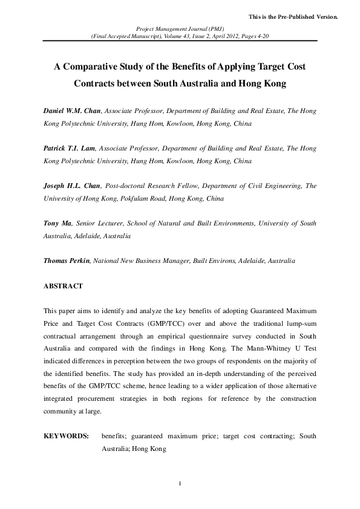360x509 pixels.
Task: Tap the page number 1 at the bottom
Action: coord(180,484)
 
